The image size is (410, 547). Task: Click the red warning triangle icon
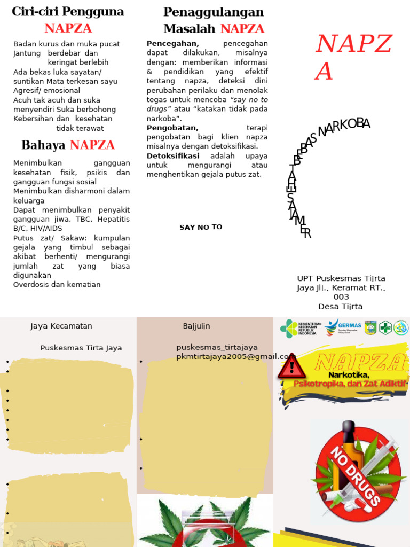291,368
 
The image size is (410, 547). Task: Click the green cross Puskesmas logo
385,327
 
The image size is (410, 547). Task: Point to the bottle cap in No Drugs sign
349,427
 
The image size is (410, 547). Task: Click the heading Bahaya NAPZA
68,145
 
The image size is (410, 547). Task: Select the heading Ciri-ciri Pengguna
68,11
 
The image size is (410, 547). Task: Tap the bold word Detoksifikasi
173,155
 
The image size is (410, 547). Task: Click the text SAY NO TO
201,227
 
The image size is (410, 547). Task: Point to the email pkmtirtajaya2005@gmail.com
236,356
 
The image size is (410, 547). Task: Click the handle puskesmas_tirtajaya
217,347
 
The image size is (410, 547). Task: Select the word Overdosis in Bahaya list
31,284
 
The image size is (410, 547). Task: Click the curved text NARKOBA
344,127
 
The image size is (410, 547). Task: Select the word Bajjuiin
196,326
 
